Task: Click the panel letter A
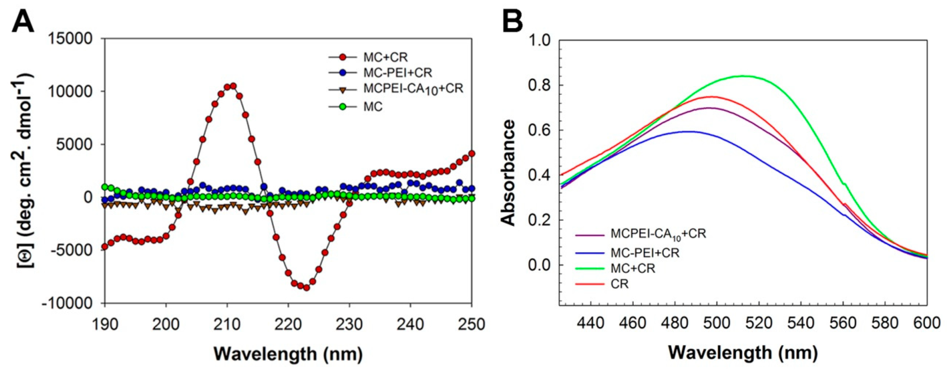tap(23, 21)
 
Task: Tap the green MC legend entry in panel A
tap(372, 107)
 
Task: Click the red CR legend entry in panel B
tap(619, 284)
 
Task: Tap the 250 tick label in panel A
tap(472, 325)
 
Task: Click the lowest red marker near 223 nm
tap(307, 288)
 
